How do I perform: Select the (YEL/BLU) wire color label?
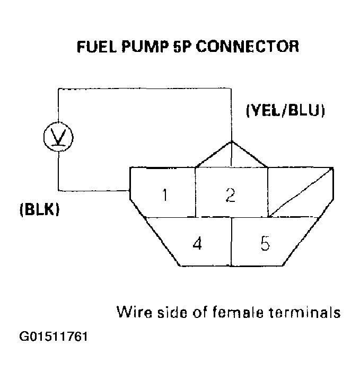click(285, 111)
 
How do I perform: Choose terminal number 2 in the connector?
click(230, 195)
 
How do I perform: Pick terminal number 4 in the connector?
click(197, 244)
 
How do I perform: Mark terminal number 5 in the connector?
click(265, 244)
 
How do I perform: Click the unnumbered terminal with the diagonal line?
click(300, 192)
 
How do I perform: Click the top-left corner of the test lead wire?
click(58, 89)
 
